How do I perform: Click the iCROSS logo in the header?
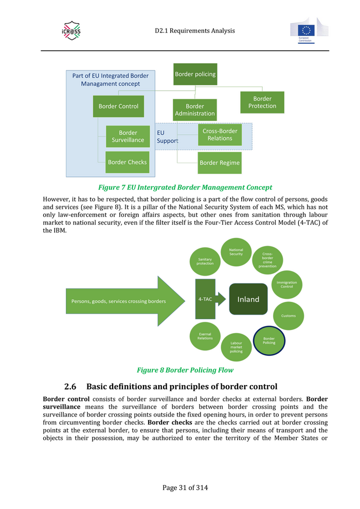click(x=71, y=31)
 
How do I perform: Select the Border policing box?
click(x=195, y=74)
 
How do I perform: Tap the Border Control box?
click(x=118, y=106)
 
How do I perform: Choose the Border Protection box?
click(x=262, y=102)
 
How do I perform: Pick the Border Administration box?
click(x=194, y=110)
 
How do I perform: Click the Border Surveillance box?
click(x=128, y=137)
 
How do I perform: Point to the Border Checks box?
click(x=127, y=162)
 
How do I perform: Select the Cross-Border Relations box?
click(x=220, y=135)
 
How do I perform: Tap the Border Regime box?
click(x=220, y=163)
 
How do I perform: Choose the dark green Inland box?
click(x=248, y=299)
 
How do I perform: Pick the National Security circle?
click(x=236, y=252)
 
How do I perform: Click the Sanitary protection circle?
click(x=205, y=261)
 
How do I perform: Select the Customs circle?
click(x=289, y=316)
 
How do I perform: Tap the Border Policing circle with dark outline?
click(x=269, y=341)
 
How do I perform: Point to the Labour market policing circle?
click(x=236, y=347)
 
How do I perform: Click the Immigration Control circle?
click(x=286, y=284)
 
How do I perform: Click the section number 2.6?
click(x=70, y=386)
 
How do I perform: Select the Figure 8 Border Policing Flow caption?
click(x=185, y=370)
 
